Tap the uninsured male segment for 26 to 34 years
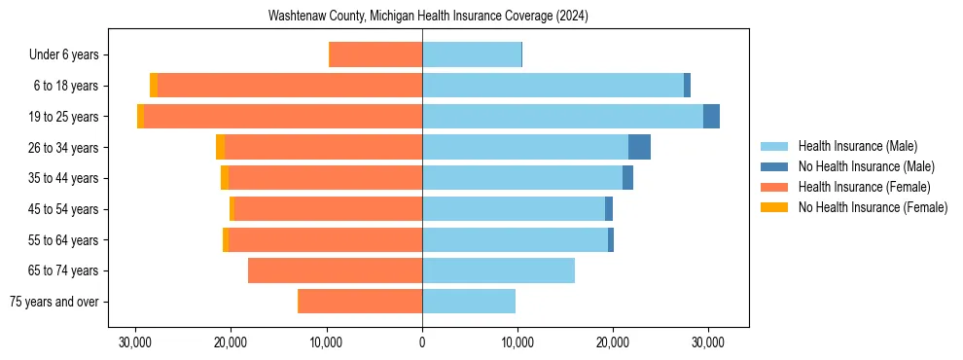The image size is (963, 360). (639, 147)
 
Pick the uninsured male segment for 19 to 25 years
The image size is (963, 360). (711, 116)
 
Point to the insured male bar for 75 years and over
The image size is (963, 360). (469, 302)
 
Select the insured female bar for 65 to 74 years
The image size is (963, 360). (335, 270)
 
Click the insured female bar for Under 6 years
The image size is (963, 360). (376, 54)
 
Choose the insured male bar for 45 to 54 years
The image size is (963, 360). (514, 209)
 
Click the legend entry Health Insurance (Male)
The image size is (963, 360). (857, 146)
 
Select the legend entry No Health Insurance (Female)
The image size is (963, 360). (873, 207)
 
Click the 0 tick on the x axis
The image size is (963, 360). (422, 342)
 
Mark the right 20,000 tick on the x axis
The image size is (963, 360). (613, 342)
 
